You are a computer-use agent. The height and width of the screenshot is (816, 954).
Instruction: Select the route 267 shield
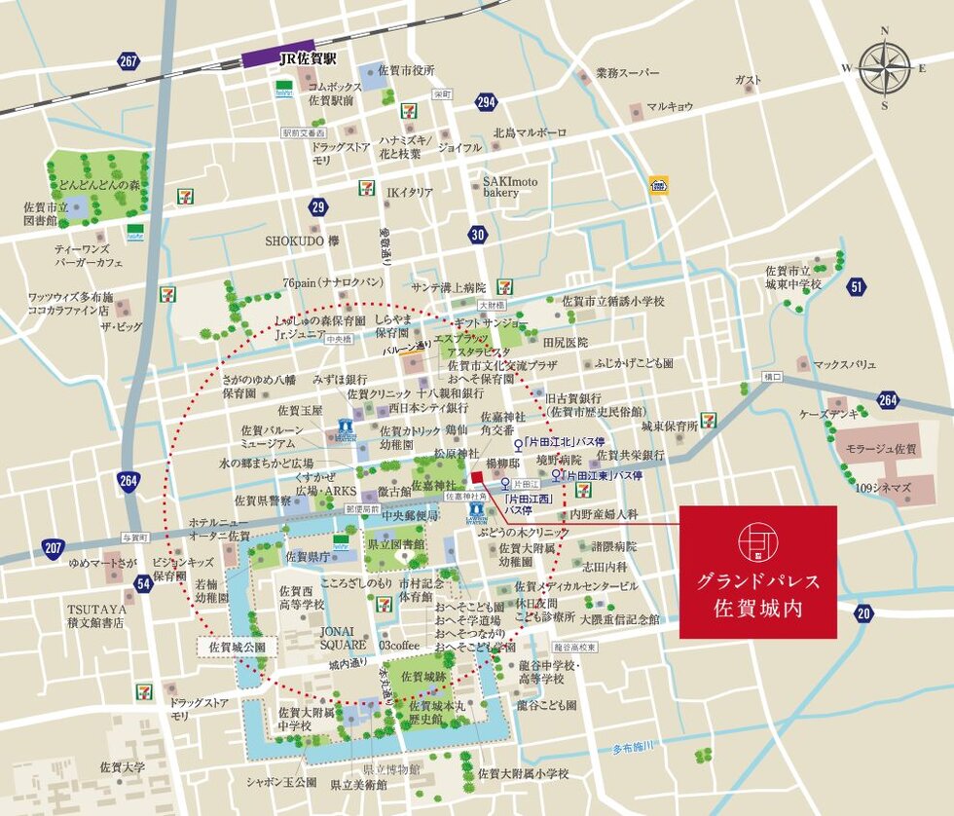128,62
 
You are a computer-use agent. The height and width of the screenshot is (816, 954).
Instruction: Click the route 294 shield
486,102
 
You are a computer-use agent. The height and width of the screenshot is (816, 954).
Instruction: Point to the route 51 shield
856,286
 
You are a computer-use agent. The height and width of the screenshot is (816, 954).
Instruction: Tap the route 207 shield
54,549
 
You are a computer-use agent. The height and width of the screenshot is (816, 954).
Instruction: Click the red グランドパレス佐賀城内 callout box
757,572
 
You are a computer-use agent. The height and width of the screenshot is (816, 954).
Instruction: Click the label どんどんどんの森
98,185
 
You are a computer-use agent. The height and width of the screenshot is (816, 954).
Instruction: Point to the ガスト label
748,80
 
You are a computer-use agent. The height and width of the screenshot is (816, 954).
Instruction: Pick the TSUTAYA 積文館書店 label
96,615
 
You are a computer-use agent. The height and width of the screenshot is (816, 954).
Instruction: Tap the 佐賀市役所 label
406,70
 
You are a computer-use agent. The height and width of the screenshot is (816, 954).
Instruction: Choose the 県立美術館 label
358,784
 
